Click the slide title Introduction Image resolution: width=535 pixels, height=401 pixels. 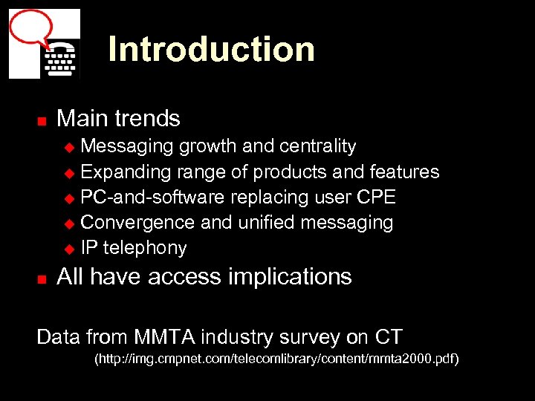211,50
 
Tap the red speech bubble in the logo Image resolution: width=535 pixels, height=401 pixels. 30,28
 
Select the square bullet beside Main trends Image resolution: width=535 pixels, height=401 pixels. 42,120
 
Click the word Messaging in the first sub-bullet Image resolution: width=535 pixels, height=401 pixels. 127,147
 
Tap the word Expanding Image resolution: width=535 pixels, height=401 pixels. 126,172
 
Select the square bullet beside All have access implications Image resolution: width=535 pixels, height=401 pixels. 42,279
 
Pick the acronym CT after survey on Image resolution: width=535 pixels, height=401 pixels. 389,337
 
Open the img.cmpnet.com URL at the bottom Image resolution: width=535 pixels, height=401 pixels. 276,360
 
